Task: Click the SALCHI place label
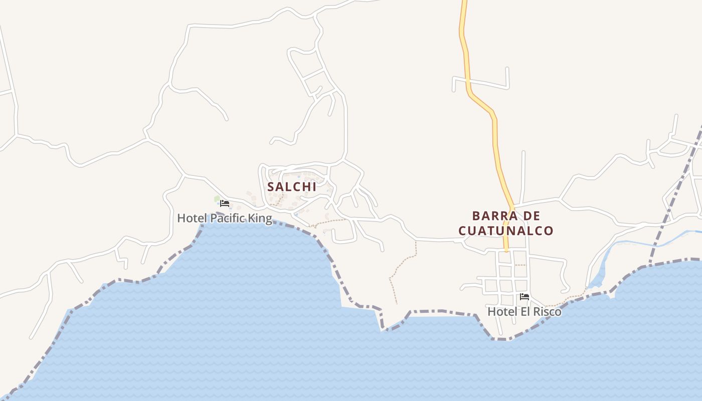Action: pyautogui.click(x=292, y=187)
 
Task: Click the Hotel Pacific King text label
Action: pyautogui.click(x=225, y=219)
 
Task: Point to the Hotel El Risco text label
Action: pyautogui.click(x=524, y=312)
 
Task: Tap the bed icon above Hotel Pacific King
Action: pyautogui.click(x=225, y=204)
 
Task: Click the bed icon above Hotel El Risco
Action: pyautogui.click(x=524, y=297)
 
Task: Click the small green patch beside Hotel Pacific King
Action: pyautogui.click(x=217, y=199)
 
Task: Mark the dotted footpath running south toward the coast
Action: pyautogui.click(x=391, y=286)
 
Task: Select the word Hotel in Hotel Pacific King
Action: pyautogui.click(x=192, y=219)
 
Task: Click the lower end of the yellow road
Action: pyautogui.click(x=506, y=248)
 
